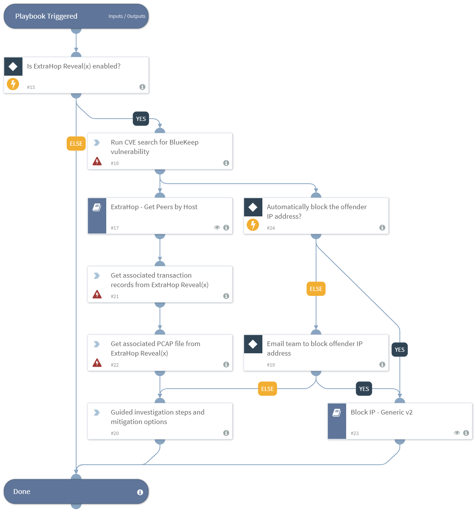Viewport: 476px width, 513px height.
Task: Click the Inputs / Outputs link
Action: (x=127, y=16)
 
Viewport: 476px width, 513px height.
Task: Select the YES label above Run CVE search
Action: (x=141, y=119)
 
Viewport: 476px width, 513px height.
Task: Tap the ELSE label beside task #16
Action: (x=76, y=143)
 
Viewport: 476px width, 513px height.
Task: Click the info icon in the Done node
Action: (x=140, y=492)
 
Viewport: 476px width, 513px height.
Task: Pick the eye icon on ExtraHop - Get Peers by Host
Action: (x=217, y=227)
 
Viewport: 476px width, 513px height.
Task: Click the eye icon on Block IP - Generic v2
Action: (x=457, y=433)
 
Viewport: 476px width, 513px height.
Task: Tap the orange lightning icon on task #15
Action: (x=13, y=84)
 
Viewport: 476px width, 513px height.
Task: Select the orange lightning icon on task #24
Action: (x=253, y=224)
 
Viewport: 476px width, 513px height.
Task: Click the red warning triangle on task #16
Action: (x=97, y=161)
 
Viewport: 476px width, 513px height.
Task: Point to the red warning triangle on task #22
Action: (x=97, y=363)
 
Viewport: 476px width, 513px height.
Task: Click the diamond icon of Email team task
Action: (x=253, y=344)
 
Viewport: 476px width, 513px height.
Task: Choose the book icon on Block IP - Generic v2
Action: (x=337, y=413)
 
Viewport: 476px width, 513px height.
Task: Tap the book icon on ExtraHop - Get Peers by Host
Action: (x=97, y=207)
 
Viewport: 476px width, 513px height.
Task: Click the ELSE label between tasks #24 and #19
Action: (x=316, y=289)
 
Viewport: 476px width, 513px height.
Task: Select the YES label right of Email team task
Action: (x=399, y=349)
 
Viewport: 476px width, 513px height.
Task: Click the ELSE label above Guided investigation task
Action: (x=267, y=389)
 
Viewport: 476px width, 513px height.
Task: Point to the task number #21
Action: (x=115, y=296)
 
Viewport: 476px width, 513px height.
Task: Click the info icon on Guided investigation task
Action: (x=226, y=433)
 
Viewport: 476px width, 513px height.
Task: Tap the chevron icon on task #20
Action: (x=97, y=413)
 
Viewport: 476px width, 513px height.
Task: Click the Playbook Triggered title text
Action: (x=46, y=16)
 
